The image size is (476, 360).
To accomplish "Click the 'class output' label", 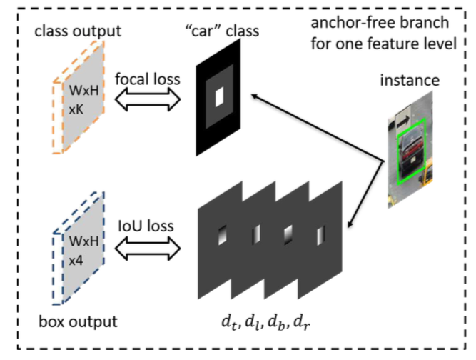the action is pos(78,31).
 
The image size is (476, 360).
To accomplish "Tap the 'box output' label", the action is pos(78,321).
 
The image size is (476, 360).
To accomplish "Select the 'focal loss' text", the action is pos(148,79).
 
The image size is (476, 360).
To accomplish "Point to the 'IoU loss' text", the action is pos(146,226).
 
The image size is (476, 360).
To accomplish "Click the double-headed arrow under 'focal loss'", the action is pos(148,99).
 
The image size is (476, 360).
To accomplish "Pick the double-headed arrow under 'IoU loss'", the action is pos(148,249).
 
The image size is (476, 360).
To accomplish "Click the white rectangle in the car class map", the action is pos(220,96).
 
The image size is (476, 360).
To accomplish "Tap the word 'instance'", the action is pos(410,81).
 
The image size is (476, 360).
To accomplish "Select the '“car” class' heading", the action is pos(222,31).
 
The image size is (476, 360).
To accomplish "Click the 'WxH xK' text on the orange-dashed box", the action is pos(83,100).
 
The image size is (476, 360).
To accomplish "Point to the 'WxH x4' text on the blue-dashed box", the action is pos(83,251).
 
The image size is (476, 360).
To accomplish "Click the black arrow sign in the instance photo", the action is pos(402,122).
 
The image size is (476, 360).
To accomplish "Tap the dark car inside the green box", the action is pos(412,152).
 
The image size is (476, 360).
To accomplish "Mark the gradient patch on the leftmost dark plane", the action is pos(223,235).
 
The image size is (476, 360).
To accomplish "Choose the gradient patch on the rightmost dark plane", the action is pos(321,235).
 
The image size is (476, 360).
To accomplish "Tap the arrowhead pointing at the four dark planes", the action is pos(350,223).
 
